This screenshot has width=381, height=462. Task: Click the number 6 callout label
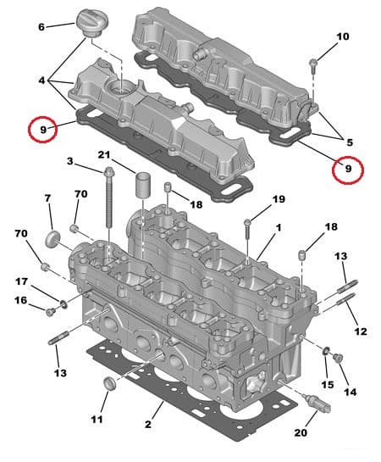[41, 27]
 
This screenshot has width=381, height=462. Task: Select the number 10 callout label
[342, 36]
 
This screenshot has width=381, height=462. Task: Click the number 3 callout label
[70, 161]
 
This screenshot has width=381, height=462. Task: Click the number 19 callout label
[279, 200]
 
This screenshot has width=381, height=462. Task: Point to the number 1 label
[278, 228]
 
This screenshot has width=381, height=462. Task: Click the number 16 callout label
[20, 301]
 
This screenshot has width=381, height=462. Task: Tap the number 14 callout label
[351, 392]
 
